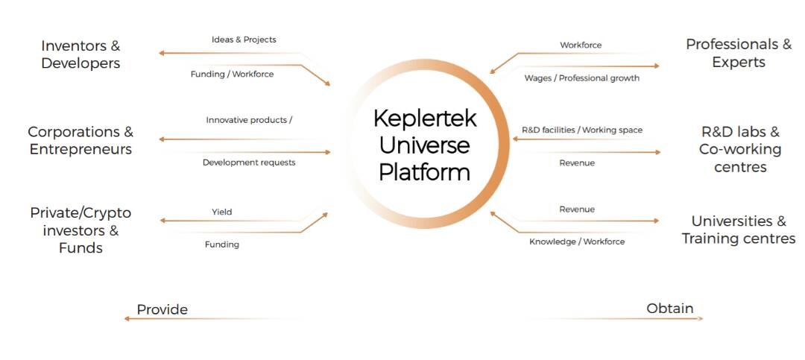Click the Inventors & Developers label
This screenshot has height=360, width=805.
coord(80,54)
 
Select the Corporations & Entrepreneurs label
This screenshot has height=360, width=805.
coord(80,141)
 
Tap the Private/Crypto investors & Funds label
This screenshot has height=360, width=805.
coord(80,230)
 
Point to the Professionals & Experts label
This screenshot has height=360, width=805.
coord(739,54)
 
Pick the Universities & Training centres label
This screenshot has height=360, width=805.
coord(739,230)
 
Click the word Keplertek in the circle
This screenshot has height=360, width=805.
coord(425,119)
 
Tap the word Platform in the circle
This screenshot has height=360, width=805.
coord(425,172)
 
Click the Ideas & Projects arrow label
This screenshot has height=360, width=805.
coord(244,40)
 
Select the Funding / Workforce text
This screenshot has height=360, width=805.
coord(232,74)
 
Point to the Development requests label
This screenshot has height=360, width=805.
coord(249,162)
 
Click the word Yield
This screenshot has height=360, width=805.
coord(221,212)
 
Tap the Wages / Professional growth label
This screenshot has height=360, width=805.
coord(581,78)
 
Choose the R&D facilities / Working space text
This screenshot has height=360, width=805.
coord(582,130)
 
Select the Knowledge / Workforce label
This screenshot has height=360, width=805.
coord(577,241)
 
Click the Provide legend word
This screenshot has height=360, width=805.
coord(162,309)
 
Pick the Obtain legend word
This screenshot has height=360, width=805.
coord(669,308)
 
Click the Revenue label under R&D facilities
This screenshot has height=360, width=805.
coord(577,162)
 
